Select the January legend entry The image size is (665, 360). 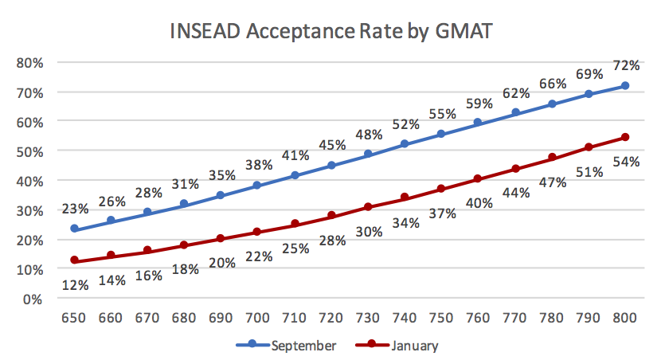(414, 345)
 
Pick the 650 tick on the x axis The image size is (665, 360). (75, 318)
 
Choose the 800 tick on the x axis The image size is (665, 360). (625, 318)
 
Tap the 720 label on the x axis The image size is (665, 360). (331, 318)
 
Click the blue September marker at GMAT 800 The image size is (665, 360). (625, 86)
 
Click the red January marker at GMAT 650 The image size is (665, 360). (75, 260)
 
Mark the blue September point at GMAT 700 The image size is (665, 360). (258, 186)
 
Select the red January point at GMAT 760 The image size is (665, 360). (478, 179)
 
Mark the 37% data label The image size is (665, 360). (441, 213)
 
